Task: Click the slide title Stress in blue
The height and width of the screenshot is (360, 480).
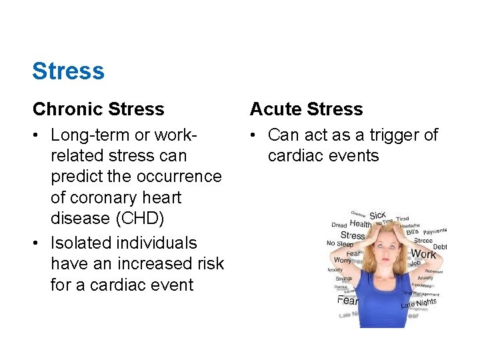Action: [x=68, y=71]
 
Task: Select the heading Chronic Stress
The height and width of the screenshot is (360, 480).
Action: [x=98, y=109]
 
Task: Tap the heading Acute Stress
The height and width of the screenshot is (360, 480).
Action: [x=306, y=109]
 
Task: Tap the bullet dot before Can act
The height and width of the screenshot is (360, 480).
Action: [x=254, y=135]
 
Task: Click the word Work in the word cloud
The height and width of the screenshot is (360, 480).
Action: [x=423, y=253]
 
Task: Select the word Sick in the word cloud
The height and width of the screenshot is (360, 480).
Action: [x=377, y=215]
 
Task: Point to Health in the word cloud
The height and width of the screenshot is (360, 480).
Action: [x=361, y=225]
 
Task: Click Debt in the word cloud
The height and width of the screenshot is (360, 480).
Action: [x=439, y=247]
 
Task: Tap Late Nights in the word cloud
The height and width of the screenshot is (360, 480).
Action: [x=419, y=304]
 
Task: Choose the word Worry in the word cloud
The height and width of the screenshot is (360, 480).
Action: [x=342, y=259]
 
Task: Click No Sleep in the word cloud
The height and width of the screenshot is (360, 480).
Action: [x=339, y=243]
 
